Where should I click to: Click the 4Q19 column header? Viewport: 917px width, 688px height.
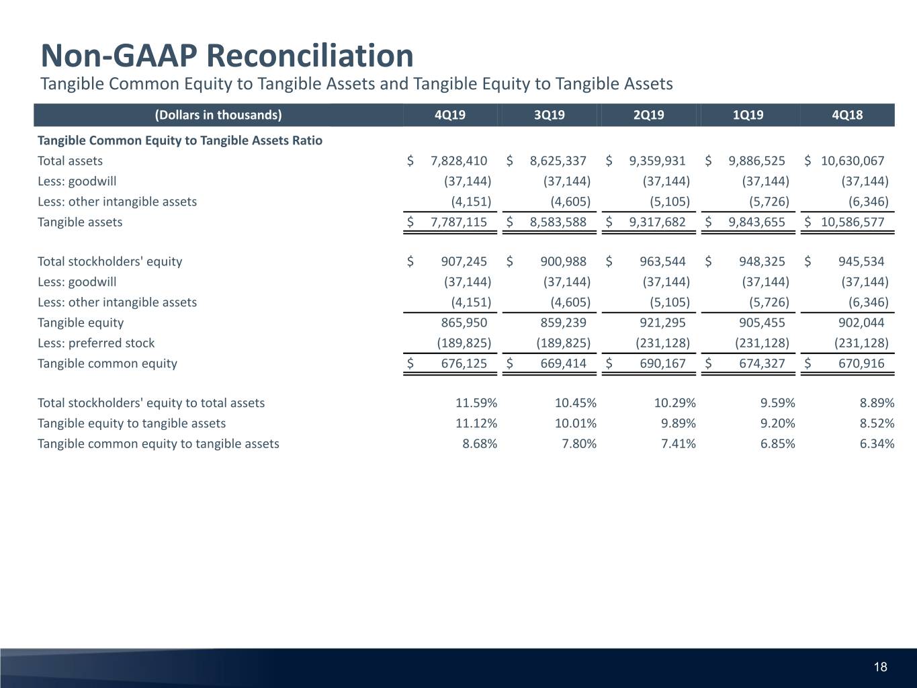(450, 115)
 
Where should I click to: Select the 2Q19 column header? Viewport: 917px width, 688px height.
(648, 115)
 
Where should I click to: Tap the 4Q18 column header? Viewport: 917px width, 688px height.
(847, 115)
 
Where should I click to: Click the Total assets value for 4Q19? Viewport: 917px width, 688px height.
(459, 161)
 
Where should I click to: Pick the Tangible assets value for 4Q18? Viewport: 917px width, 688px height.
(853, 222)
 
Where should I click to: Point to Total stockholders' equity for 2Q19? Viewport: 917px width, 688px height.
(662, 261)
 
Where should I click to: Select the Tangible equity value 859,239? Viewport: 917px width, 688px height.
(563, 322)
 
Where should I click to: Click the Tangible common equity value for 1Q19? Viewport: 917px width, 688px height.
(762, 363)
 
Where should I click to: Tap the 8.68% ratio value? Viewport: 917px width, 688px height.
(480, 443)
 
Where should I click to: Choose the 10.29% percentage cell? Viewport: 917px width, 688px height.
(674, 403)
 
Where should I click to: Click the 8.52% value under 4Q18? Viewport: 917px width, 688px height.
(877, 423)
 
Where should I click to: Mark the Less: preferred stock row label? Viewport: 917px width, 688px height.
(96, 343)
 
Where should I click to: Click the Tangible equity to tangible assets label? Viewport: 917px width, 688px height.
(132, 423)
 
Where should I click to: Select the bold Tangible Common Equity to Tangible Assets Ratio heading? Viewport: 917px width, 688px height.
(180, 140)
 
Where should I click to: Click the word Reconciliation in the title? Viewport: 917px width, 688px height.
(310, 56)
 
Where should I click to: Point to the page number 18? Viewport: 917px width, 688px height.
(880, 666)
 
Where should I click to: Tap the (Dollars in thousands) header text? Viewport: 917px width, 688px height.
(218, 115)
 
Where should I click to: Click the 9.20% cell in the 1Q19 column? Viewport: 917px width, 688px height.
(777, 423)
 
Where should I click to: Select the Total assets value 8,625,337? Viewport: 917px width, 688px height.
(558, 161)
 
